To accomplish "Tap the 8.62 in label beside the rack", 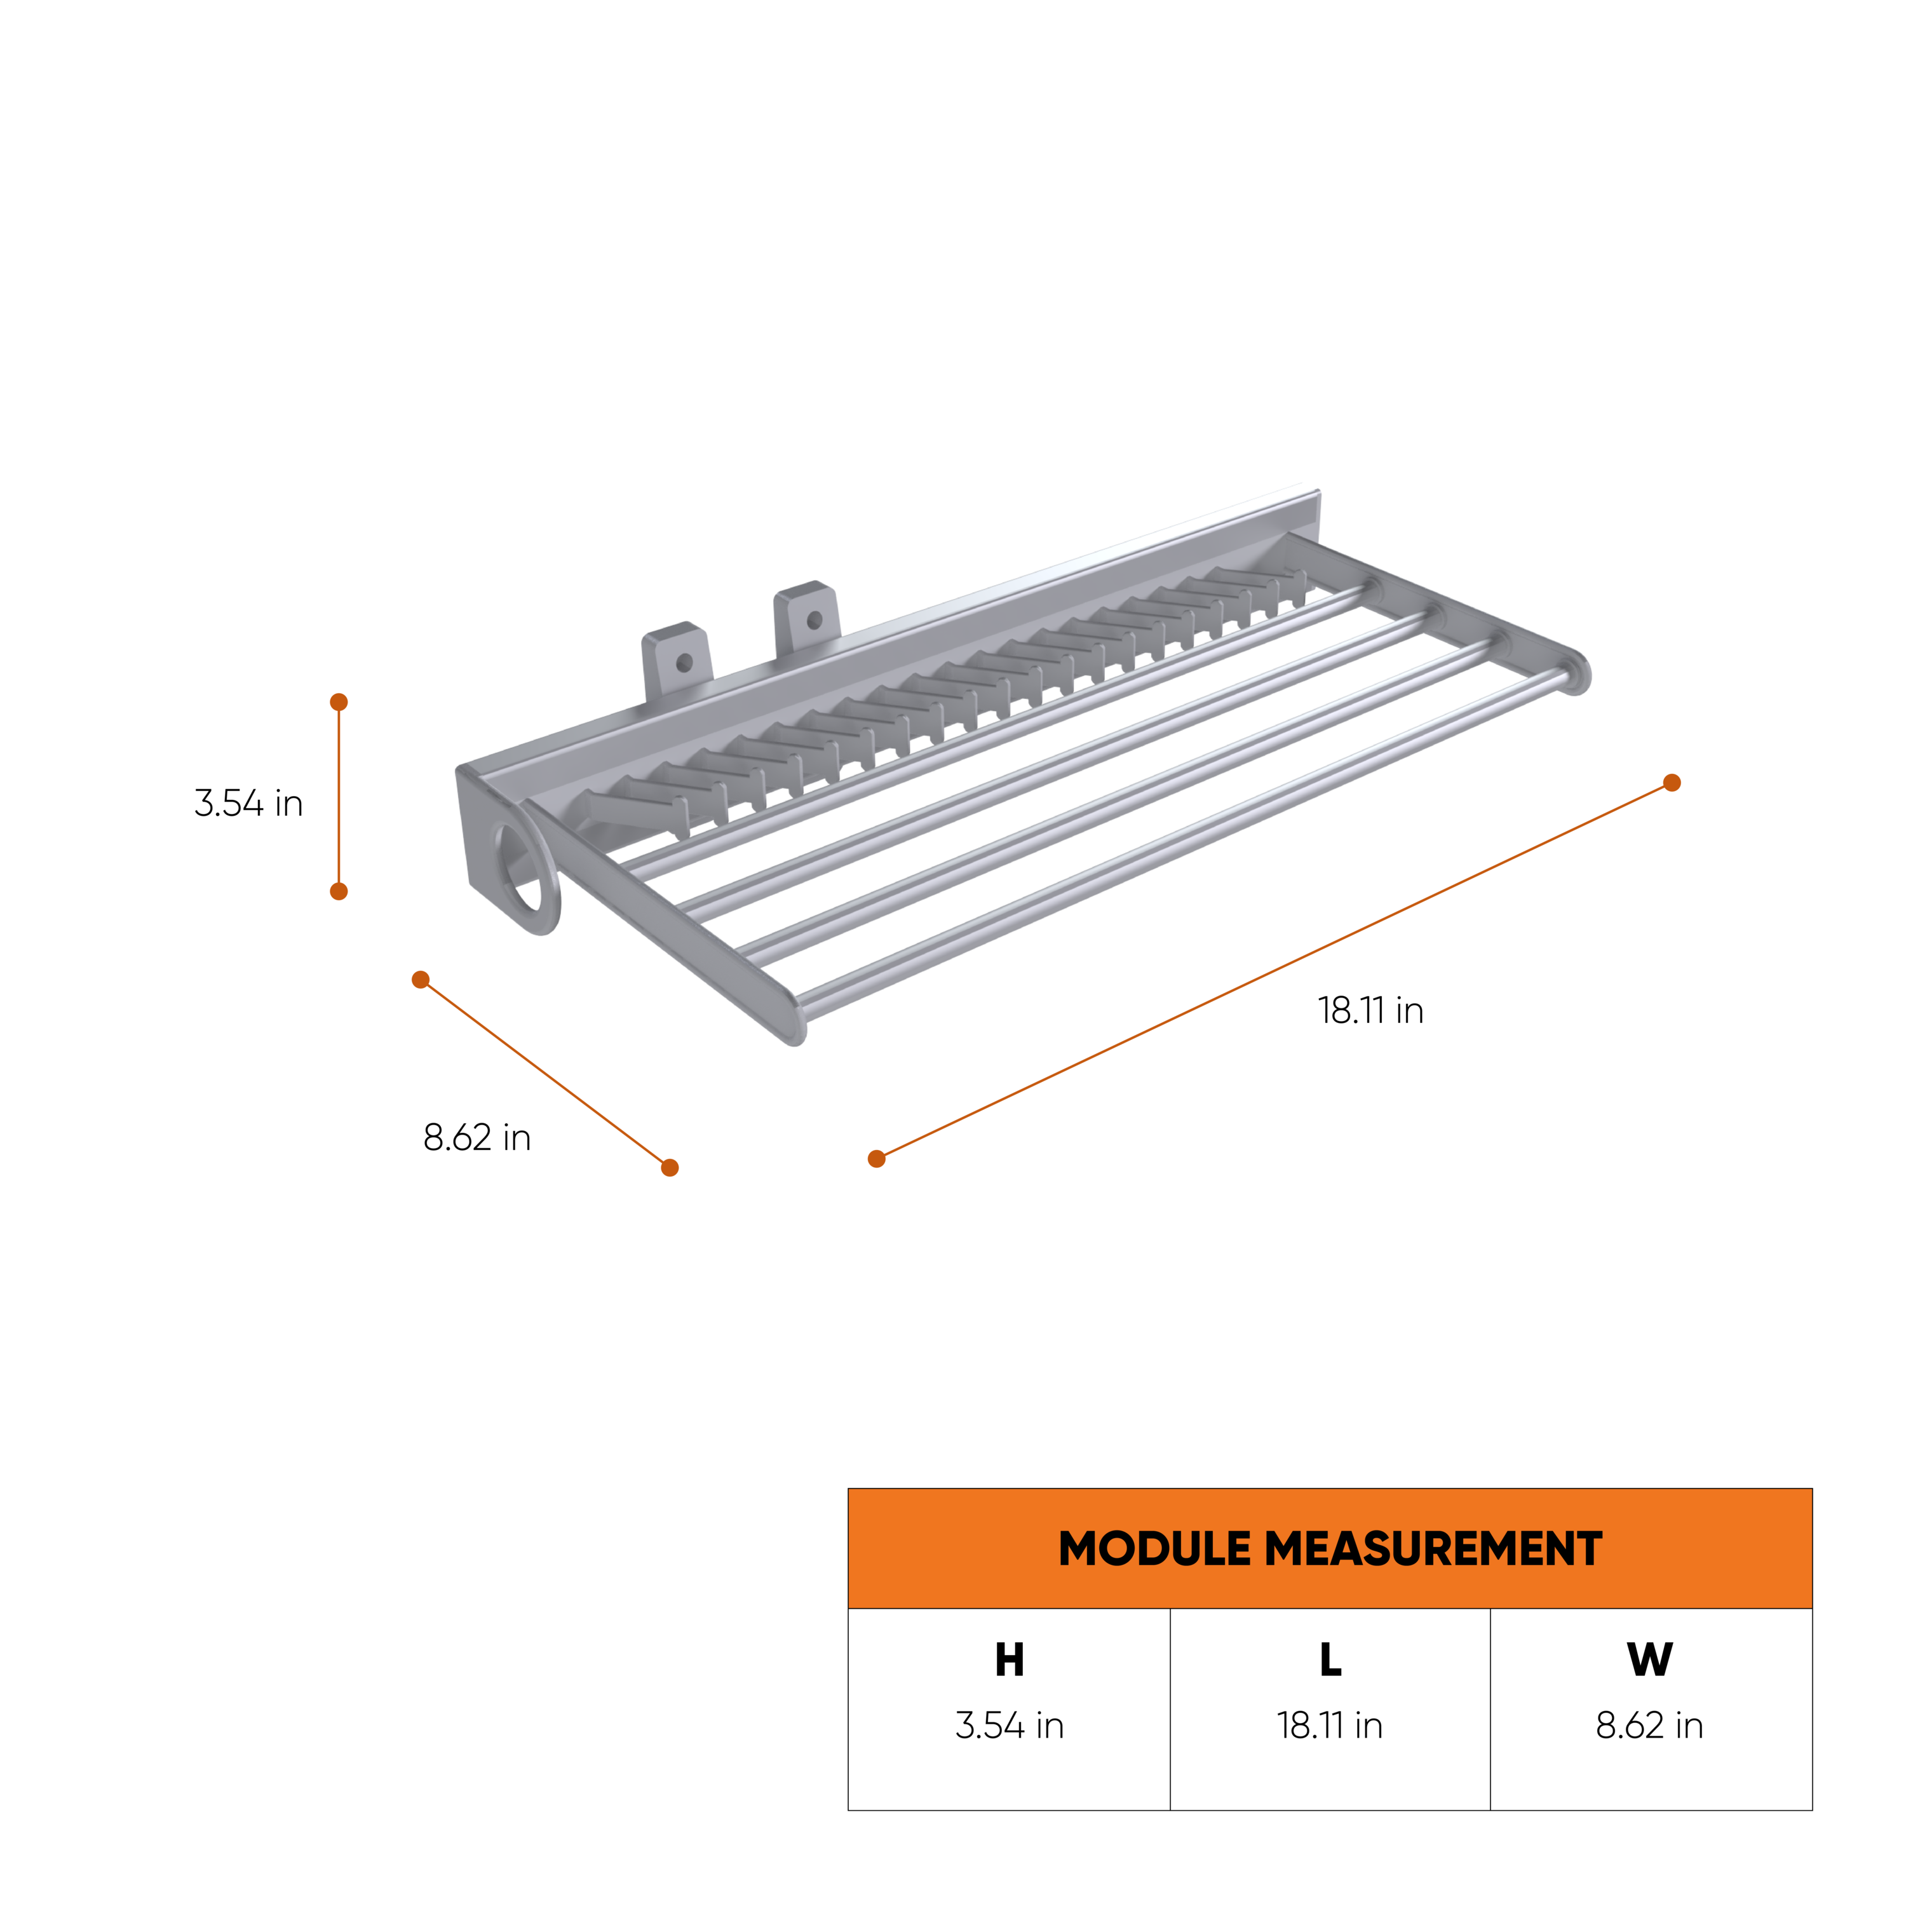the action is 478,1137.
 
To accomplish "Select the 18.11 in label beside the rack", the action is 1371,1010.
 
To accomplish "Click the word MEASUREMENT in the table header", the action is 1433,1549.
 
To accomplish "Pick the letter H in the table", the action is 1010,1660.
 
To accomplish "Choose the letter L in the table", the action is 1331,1660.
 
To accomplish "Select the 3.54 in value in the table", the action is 1010,1726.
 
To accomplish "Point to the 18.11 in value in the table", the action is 1330,1726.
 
